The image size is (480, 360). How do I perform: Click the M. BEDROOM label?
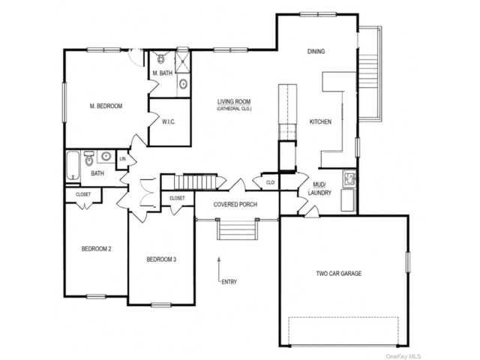pyautogui.click(x=106, y=106)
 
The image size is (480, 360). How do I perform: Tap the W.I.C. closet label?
pyautogui.click(x=169, y=121)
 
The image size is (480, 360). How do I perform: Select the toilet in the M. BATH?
pyautogui.click(x=161, y=57)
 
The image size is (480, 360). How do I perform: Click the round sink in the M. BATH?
pyautogui.click(x=183, y=84)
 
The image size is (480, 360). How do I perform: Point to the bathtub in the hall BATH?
pyautogui.click(x=73, y=166)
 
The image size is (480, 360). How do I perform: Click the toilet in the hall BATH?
pyautogui.click(x=89, y=158)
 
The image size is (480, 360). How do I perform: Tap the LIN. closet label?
pyautogui.click(x=123, y=159)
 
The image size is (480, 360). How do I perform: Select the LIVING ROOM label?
pyautogui.click(x=234, y=102)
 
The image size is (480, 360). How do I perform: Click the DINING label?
pyautogui.click(x=316, y=52)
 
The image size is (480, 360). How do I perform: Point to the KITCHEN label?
pyautogui.click(x=320, y=121)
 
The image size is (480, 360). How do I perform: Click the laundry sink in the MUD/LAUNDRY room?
pyautogui.click(x=349, y=178)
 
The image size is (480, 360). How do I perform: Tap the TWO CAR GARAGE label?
pyautogui.click(x=339, y=273)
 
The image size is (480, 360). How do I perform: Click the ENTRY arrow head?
pyautogui.click(x=219, y=259)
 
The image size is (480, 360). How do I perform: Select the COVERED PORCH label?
pyautogui.click(x=235, y=204)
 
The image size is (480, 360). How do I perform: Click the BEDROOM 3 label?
pyautogui.click(x=161, y=259)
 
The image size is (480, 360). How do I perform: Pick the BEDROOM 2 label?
pyautogui.click(x=96, y=249)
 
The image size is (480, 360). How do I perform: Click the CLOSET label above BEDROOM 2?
pyautogui.click(x=83, y=194)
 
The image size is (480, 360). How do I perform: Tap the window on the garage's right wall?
pyautogui.click(x=408, y=262)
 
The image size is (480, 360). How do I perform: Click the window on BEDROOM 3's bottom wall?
pyautogui.click(x=161, y=305)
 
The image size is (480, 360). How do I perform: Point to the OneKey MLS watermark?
pyautogui.click(x=403, y=356)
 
